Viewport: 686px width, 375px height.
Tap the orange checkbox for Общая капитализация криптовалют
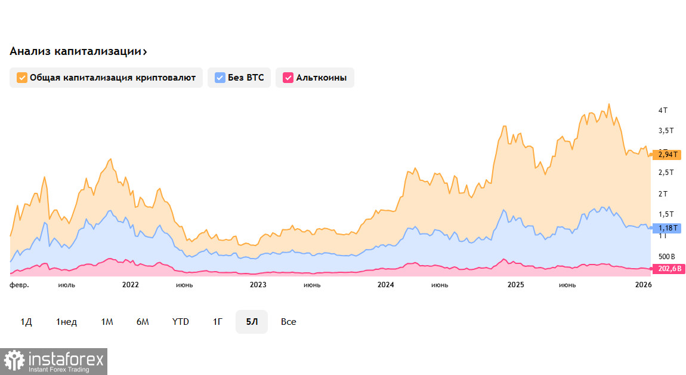[x=22, y=78]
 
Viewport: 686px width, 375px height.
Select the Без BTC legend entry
[x=239, y=78]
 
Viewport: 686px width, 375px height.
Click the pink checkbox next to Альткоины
[x=288, y=78]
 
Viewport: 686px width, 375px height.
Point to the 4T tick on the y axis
[x=663, y=110]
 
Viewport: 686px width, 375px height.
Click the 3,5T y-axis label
[x=666, y=130]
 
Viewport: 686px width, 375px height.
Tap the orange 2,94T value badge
[x=667, y=155]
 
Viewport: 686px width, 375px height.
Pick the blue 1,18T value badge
[x=667, y=228]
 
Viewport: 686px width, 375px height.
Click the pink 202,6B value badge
[x=668, y=269]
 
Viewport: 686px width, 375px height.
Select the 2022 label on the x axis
[x=130, y=285]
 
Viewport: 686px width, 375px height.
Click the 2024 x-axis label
[x=386, y=285]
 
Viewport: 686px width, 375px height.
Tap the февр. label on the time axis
[x=19, y=285]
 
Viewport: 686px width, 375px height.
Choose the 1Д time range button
[x=26, y=322]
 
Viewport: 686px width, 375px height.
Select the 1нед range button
[x=67, y=322]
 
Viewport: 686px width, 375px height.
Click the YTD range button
[x=180, y=322]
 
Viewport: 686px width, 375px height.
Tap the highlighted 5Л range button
[x=252, y=322]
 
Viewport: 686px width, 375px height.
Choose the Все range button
[x=289, y=322]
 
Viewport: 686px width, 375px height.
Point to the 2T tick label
[x=663, y=193]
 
